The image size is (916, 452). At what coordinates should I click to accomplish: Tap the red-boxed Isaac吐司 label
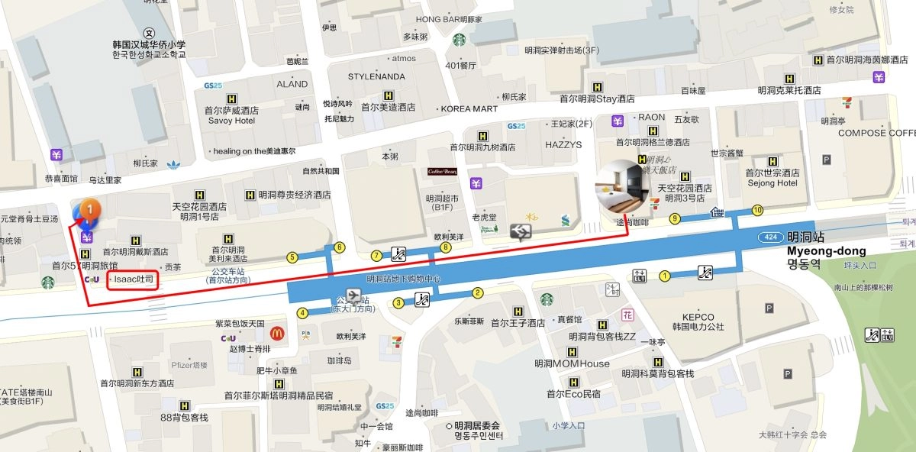click(x=133, y=280)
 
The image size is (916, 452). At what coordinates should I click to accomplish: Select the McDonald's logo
click(x=276, y=334)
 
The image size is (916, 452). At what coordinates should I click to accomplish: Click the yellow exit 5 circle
click(x=292, y=257)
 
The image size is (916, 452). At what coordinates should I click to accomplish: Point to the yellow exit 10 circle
click(x=757, y=210)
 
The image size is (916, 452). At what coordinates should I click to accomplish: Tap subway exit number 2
click(x=478, y=292)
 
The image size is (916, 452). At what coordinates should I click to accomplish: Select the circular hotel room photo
click(x=621, y=186)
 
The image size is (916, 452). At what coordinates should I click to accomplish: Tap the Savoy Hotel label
click(x=231, y=121)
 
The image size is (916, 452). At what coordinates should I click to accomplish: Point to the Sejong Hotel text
click(x=776, y=183)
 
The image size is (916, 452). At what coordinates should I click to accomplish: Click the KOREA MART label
click(x=469, y=109)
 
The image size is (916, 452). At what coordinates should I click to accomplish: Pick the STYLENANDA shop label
click(x=376, y=77)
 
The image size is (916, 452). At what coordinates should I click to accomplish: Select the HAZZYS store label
click(x=563, y=144)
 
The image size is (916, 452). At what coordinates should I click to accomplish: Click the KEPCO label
click(x=698, y=317)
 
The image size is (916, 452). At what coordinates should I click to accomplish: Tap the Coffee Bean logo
click(x=442, y=171)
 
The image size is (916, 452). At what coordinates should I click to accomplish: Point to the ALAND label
click(x=292, y=84)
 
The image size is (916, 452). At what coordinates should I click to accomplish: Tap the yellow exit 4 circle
click(x=302, y=312)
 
